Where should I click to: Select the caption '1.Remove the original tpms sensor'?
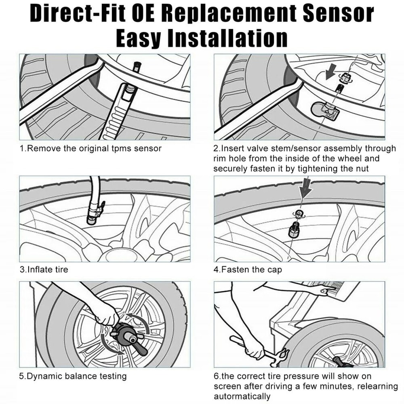90,148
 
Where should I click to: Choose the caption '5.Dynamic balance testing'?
73,376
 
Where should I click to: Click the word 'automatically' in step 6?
242,396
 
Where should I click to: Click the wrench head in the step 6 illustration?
281,355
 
